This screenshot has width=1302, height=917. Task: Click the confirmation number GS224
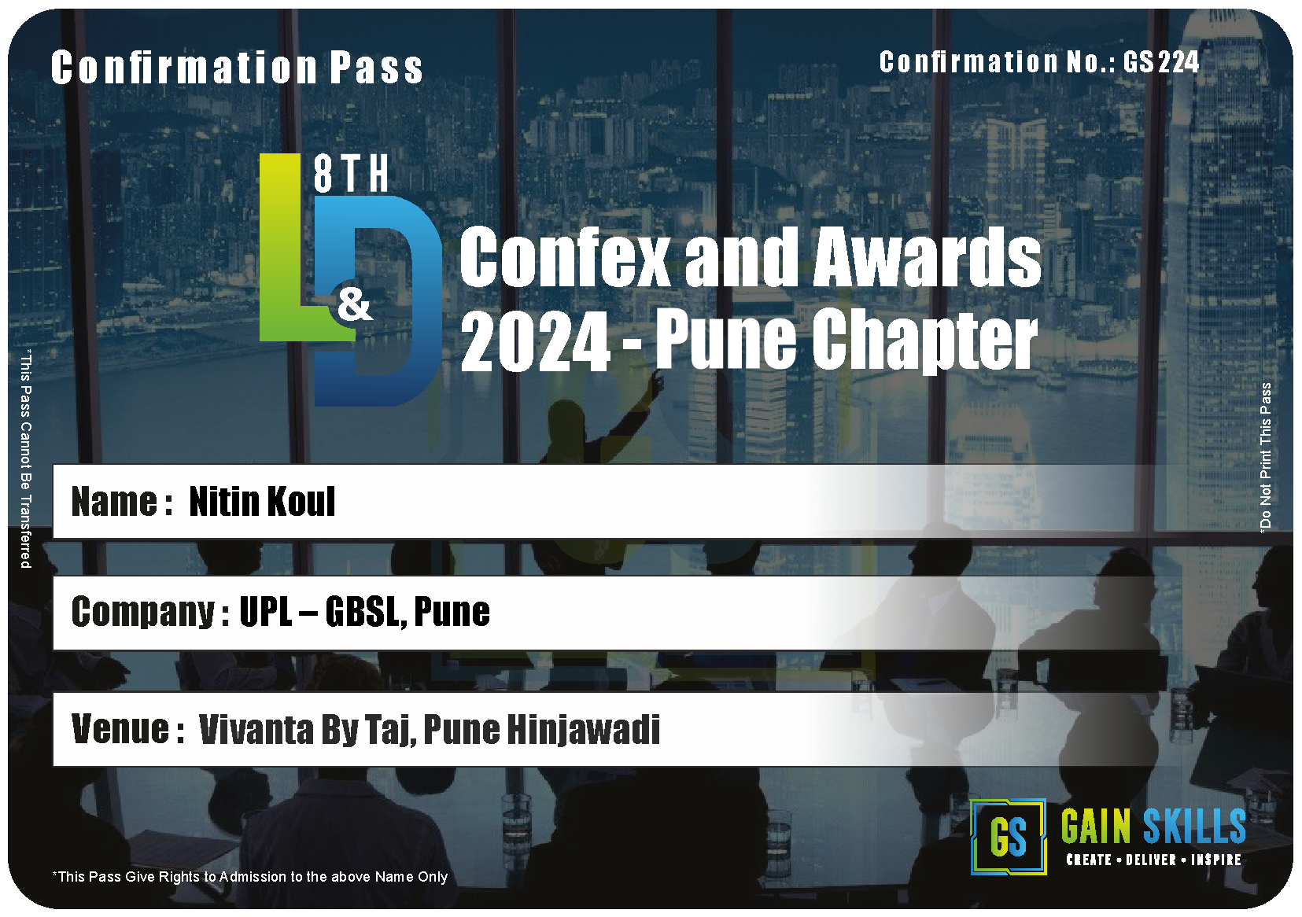pos(1160,62)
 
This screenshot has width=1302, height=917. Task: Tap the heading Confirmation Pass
pos(237,68)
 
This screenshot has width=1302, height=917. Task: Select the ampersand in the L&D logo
pos(355,304)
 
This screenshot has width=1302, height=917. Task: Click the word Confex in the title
pos(565,256)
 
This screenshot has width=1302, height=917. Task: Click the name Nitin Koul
pos(262,501)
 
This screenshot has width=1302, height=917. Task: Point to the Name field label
pos(122,502)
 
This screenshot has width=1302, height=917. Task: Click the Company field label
pos(150,613)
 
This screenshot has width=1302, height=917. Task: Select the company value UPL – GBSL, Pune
pos(365,612)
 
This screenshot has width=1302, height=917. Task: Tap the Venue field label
pos(128,729)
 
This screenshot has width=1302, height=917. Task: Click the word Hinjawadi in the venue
pos(585,730)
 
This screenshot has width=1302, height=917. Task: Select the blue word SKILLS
pos(1194,826)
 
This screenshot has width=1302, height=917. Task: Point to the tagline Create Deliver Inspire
pos(1154,860)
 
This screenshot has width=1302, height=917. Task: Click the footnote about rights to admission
pos(250,877)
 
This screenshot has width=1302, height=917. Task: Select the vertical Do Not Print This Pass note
pos(1265,457)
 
